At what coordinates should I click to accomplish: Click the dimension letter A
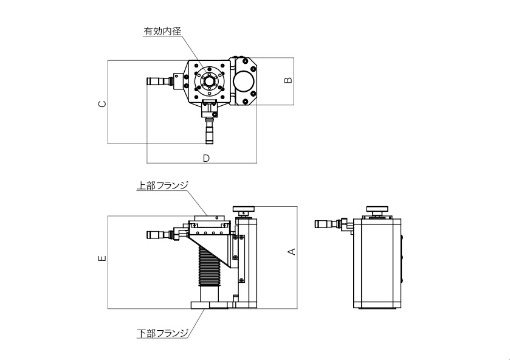[291, 251]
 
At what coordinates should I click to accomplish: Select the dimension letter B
[289, 80]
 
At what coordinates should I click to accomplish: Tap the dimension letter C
[103, 104]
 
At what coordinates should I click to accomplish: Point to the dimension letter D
[206, 158]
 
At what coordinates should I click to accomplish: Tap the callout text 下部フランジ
[162, 333]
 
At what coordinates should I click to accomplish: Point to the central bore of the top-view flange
[208, 81]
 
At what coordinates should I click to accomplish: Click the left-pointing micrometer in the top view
[160, 81]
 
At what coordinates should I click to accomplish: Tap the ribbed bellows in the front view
[208, 268]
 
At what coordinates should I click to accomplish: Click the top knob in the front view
[246, 209]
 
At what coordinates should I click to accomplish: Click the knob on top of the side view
[377, 210]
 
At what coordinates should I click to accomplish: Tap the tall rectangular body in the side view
[377, 261]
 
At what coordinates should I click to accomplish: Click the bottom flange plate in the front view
[210, 305]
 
